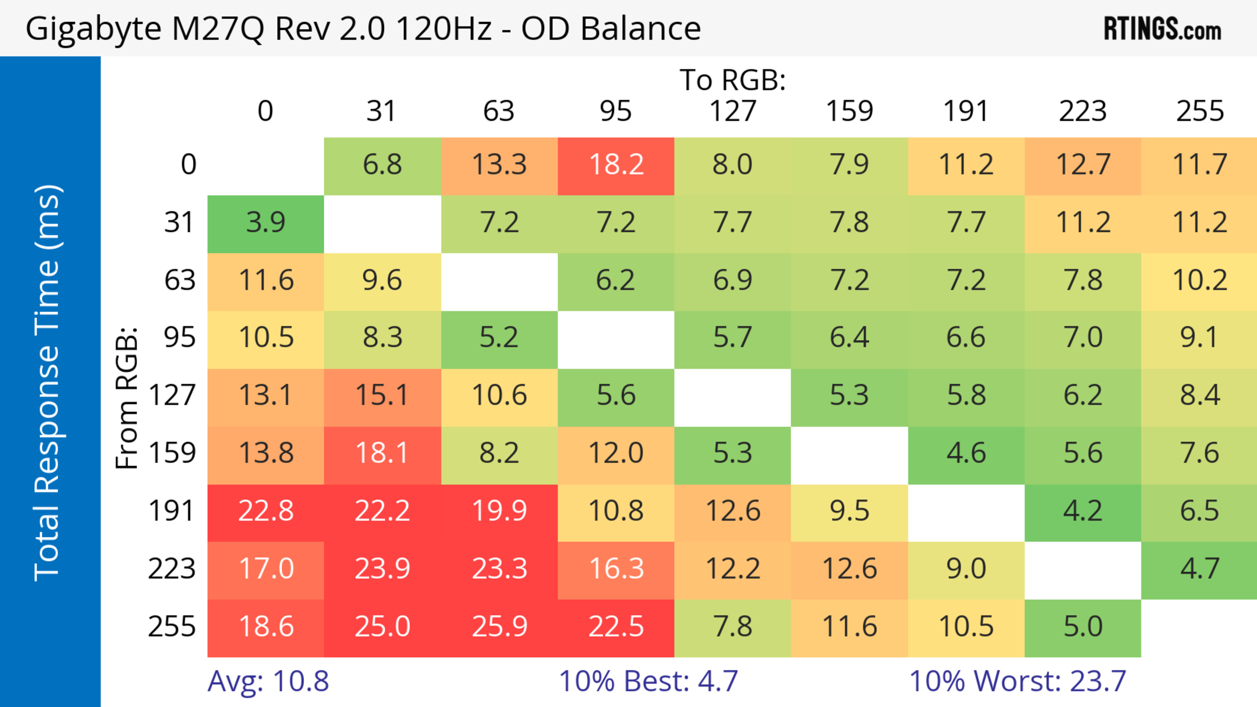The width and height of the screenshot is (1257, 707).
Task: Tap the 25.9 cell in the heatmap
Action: (x=499, y=627)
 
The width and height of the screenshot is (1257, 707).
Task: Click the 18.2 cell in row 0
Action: (x=616, y=165)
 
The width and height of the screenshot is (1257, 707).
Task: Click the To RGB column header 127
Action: (x=733, y=111)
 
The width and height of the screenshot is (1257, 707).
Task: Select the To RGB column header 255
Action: (x=1199, y=111)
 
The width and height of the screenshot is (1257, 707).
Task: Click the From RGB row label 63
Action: (x=180, y=281)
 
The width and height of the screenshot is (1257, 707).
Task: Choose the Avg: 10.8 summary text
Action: (x=268, y=681)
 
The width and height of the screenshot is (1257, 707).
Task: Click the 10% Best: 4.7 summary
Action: (x=648, y=681)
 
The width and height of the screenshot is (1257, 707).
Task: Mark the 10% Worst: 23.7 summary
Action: (x=1017, y=681)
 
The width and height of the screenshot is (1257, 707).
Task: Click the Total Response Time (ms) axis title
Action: (x=48, y=383)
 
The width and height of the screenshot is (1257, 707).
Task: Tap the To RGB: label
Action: (x=733, y=80)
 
